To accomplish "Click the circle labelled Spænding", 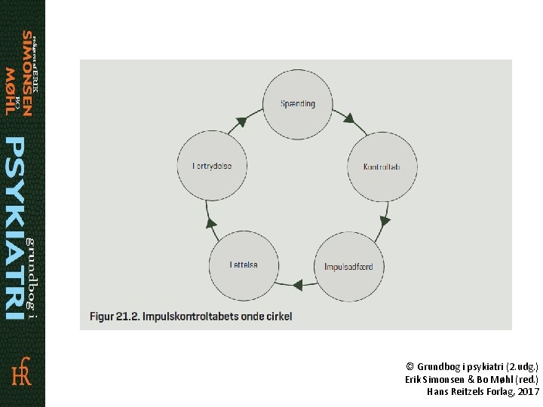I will (x=297, y=104).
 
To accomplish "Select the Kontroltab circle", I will (x=381, y=166).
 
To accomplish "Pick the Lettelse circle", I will (x=244, y=265).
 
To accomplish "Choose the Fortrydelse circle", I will (x=212, y=166).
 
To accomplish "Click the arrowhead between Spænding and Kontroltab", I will (x=349, y=118).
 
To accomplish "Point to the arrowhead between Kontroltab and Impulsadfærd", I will (x=385, y=221).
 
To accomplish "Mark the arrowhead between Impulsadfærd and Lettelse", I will (x=297, y=285).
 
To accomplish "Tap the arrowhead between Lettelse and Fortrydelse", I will (x=212, y=223).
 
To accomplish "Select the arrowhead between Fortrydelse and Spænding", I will (x=241, y=121).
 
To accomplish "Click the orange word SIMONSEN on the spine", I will (x=28, y=74).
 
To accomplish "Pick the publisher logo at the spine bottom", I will (x=22, y=371).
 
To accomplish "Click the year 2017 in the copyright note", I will (x=529, y=392).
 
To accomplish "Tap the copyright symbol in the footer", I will (x=410, y=365).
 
